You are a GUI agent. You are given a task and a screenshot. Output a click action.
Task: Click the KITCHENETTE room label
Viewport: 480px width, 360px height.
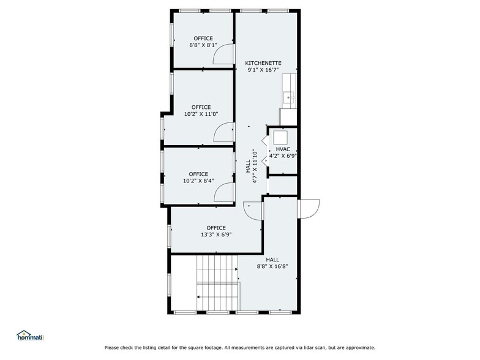263,63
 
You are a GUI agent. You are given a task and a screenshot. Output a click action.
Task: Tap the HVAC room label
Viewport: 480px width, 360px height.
283,149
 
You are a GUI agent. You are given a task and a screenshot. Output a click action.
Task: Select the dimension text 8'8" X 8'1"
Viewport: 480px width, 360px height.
203,45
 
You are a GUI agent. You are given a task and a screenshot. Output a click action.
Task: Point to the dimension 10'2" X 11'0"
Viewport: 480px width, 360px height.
200,114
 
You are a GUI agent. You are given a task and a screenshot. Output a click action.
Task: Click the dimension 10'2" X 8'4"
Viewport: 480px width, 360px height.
198,181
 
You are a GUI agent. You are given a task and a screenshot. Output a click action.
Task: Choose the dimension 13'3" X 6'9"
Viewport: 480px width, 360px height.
216,234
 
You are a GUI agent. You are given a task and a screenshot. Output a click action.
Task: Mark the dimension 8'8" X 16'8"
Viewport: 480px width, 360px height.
272,266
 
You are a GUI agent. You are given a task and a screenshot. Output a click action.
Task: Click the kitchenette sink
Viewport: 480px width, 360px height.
289,97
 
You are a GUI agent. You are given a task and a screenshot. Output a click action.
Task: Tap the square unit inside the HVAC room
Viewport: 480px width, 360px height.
282,137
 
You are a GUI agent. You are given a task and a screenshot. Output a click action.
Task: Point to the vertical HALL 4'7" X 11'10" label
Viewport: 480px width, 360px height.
251,167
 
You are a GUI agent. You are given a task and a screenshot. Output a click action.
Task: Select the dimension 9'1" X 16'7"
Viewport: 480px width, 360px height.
263,70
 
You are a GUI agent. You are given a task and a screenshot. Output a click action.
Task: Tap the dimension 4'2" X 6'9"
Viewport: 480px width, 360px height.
283,156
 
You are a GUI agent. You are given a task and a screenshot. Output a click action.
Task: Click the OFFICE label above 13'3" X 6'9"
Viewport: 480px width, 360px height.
216,228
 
